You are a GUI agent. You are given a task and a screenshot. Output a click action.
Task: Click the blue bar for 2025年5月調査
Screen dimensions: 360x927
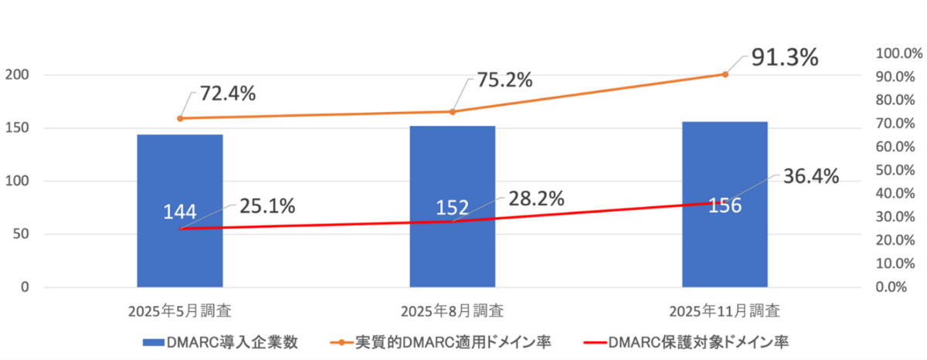click(x=180, y=255)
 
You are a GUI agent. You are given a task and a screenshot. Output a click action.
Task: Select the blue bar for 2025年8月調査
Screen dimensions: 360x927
click(x=452, y=255)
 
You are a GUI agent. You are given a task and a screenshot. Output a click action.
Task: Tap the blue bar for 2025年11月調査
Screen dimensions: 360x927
click(x=725, y=247)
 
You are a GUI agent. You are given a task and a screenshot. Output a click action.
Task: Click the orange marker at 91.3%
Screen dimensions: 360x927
click(x=725, y=74)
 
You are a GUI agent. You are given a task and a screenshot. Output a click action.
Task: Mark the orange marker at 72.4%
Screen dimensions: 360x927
click(x=180, y=118)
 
